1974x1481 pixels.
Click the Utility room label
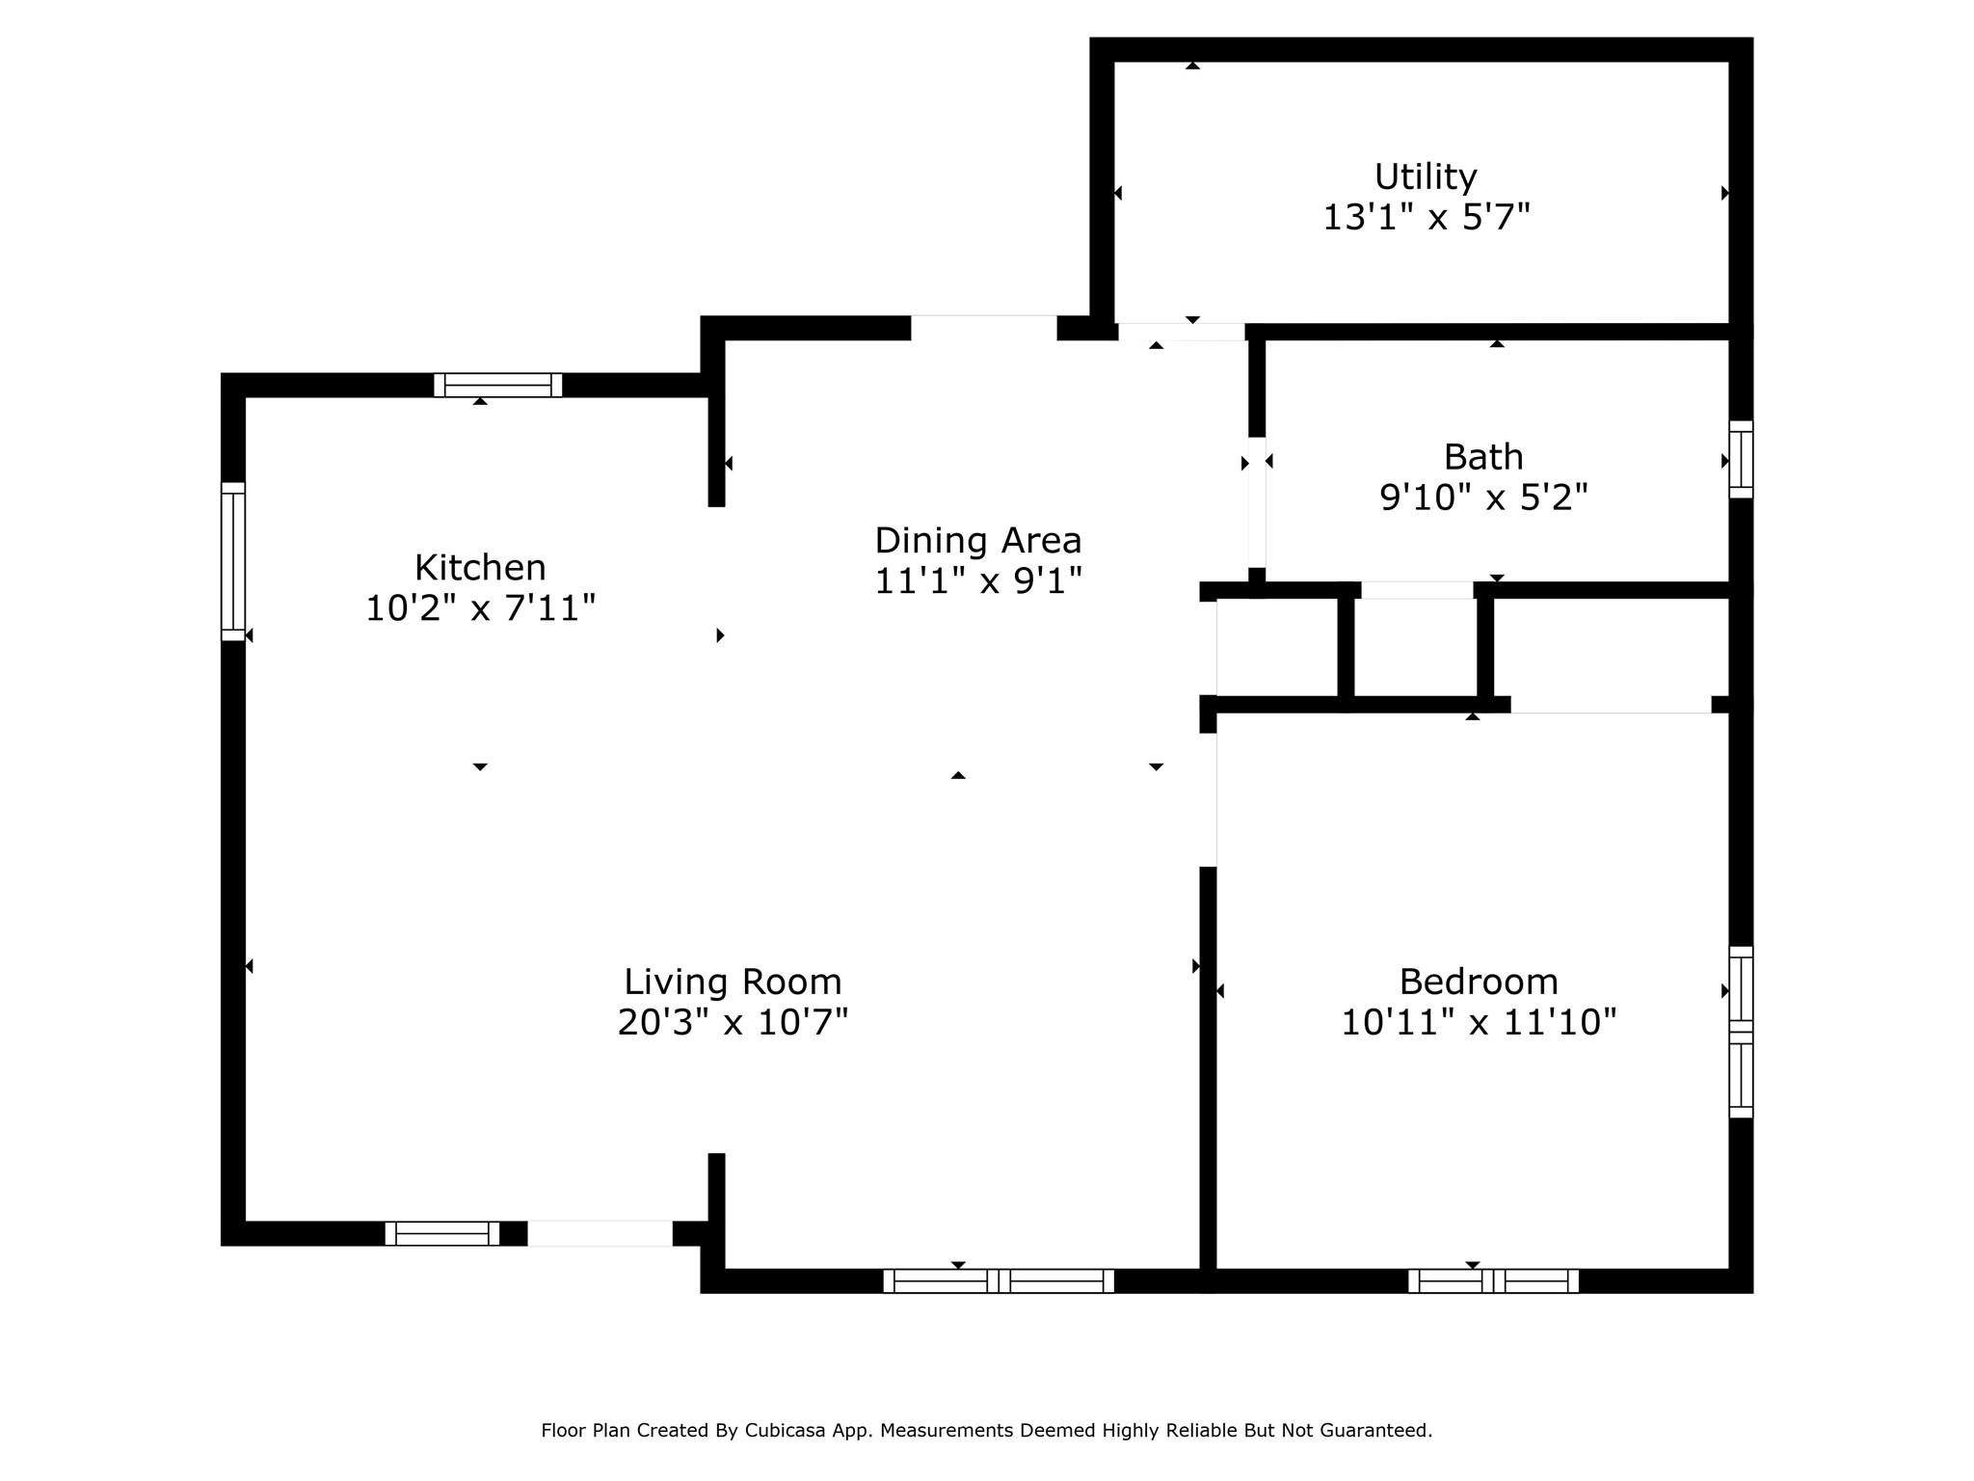1425,177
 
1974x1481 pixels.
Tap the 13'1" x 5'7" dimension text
1426,218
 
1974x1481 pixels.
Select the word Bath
1483,456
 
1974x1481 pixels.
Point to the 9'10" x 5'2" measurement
1483,498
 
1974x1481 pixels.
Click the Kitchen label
480,567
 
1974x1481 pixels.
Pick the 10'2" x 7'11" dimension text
480,608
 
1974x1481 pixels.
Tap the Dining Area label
977,540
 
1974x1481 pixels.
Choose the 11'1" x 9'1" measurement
977,581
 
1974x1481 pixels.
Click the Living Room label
733,982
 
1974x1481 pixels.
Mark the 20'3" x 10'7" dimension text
733,1022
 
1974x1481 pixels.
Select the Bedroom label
1479,982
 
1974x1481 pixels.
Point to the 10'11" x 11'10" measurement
1479,1022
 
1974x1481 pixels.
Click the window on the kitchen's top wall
497,385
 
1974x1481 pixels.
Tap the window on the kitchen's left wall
233,561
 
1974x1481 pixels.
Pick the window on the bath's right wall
1741,459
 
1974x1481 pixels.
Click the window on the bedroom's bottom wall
1493,1280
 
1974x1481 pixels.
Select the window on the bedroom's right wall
1741,1032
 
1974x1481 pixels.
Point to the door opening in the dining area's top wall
984,328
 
